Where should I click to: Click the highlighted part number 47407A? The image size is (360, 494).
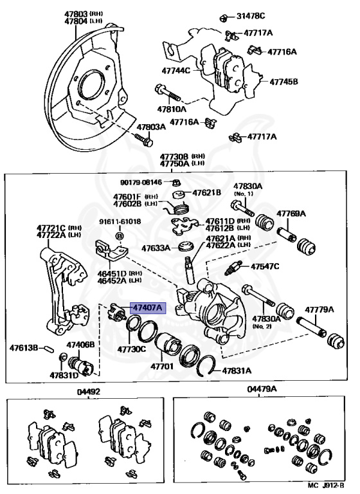click(148, 307)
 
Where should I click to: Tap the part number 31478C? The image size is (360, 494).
click(251, 15)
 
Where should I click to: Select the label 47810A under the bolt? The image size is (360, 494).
click(172, 109)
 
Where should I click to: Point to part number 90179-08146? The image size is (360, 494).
click(141, 182)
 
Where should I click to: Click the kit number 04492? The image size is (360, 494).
click(89, 392)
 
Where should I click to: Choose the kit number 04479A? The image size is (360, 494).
click(262, 389)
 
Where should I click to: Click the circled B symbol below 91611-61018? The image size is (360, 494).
click(120, 235)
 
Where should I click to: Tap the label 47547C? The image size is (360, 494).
click(265, 266)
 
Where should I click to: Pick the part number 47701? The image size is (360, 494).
click(161, 367)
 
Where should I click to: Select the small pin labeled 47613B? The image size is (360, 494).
click(48, 349)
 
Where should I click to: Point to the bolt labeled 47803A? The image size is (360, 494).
click(143, 140)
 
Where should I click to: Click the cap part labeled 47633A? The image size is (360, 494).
click(184, 246)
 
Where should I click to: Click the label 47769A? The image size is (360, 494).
click(291, 214)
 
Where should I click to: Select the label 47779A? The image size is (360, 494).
click(319, 309)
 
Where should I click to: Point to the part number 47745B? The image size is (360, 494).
click(283, 82)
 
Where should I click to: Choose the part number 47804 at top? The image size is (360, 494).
click(76, 21)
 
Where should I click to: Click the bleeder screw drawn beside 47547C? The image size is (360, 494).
click(233, 268)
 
